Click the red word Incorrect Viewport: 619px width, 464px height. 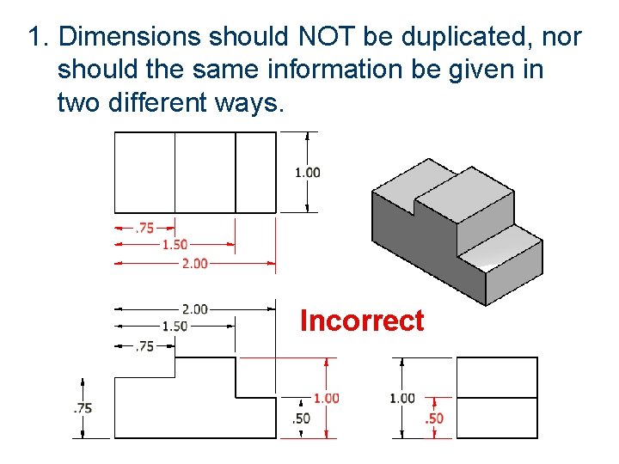point(362,321)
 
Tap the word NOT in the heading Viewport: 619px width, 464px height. point(324,37)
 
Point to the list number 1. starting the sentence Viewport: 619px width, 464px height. point(39,37)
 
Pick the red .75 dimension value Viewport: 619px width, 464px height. point(144,229)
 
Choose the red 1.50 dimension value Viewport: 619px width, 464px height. point(175,245)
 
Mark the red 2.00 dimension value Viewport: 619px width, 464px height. point(194,263)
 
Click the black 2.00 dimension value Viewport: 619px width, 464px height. point(194,309)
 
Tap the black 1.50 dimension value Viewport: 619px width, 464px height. point(175,327)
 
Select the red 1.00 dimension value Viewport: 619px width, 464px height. point(326,398)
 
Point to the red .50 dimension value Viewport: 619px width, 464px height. point(435,418)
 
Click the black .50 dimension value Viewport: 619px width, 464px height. point(301,418)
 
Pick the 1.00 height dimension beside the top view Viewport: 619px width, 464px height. point(308,172)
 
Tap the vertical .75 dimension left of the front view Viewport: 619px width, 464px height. point(83,408)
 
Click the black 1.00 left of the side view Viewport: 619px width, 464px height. point(401,398)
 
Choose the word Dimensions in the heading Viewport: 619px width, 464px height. point(130,37)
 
